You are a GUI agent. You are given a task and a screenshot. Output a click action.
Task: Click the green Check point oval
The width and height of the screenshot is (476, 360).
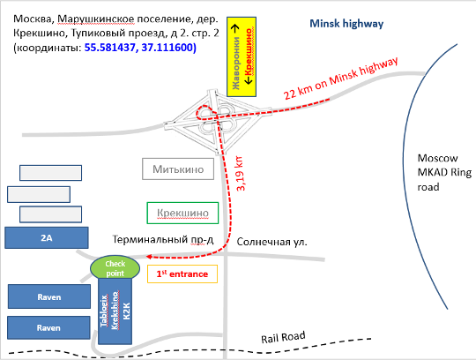pos(115,268)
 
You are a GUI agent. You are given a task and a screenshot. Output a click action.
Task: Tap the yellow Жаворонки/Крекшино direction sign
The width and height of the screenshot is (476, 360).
pos(242,57)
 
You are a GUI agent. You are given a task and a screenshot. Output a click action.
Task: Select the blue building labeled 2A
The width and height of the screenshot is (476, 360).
pos(47,237)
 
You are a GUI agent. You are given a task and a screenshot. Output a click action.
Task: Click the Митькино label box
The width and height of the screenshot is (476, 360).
pos(178,169)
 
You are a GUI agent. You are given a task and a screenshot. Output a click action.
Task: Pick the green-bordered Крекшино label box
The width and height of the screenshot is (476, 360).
pos(182,213)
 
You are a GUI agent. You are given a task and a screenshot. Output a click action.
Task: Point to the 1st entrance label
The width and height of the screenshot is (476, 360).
pos(182,274)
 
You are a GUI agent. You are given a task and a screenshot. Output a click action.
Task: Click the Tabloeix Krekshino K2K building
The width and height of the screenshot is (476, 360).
pos(115,311)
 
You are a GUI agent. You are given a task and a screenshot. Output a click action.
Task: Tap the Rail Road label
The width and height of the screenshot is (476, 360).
pos(283,337)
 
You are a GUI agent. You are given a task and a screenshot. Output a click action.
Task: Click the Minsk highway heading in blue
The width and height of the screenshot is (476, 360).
pos(346,24)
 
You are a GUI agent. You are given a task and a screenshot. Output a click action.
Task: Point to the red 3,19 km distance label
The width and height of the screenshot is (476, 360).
pos(240,174)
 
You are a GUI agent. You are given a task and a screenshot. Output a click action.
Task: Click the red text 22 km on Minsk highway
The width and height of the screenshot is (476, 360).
pos(340,79)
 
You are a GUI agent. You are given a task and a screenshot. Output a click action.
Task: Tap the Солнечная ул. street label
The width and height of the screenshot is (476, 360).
pos(271,242)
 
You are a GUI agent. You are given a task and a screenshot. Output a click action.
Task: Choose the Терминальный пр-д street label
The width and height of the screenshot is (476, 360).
pos(163,240)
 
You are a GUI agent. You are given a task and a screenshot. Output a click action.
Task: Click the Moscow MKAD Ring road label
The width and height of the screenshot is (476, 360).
pos(444,172)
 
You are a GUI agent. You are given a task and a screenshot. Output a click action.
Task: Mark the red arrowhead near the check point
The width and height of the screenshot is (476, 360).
pos(149,257)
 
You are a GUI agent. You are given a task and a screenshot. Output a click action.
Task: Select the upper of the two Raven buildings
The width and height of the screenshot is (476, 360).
pos(49,296)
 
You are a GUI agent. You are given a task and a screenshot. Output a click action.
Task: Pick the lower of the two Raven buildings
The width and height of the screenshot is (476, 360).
pos(48,328)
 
